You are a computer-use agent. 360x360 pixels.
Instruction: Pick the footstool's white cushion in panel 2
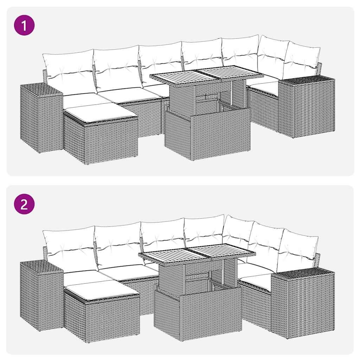tap(102, 290)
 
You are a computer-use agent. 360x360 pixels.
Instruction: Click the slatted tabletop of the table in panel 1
tap(207, 74)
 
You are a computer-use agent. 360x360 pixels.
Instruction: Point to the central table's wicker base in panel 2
tap(198, 313)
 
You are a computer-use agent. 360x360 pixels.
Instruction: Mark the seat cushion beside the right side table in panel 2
tap(257, 281)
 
